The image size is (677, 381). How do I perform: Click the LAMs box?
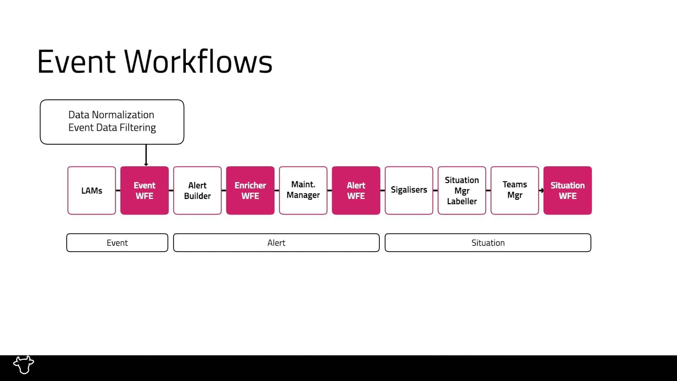pos(92,190)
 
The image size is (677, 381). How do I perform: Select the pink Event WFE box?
pos(145,190)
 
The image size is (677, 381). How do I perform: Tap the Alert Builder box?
pos(197,190)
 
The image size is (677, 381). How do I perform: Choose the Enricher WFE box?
pos(250,190)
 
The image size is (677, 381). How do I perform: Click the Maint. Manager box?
pos(303,190)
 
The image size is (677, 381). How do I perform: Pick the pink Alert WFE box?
pos(356,190)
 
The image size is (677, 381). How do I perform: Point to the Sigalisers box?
pos(409,190)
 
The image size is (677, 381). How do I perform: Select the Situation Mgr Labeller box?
pos(462,190)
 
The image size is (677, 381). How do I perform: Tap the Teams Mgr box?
pos(515,190)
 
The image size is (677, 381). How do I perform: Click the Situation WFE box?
pos(568,190)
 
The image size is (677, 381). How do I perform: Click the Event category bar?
pos(117,243)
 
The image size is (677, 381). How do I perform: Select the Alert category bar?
pos(276,243)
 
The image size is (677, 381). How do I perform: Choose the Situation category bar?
pos(488,243)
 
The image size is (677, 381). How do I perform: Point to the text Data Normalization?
pos(111,115)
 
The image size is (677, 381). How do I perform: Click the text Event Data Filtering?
pos(112,127)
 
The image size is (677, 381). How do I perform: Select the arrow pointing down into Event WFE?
pos(146,155)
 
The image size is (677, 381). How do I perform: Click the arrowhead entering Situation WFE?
pos(542,190)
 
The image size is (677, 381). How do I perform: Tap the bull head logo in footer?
pos(24,365)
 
